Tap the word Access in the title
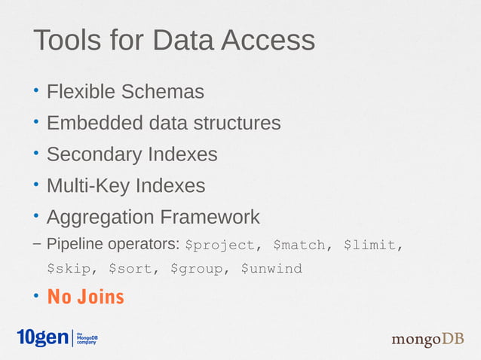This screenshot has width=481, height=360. tap(268, 40)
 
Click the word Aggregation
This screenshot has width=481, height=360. tap(97, 218)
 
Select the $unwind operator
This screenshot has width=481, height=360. tap(271, 268)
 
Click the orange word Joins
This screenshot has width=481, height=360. tap(100, 297)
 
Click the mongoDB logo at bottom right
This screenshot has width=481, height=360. tap(427, 340)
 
